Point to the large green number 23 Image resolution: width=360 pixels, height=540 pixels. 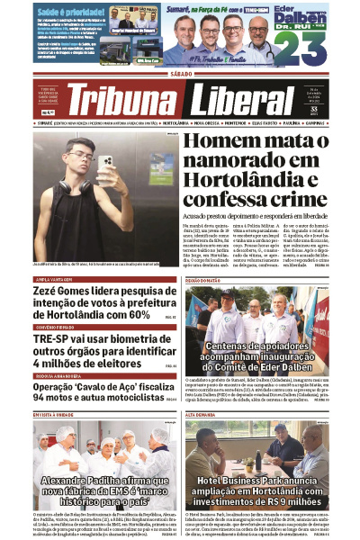click(x=303, y=49)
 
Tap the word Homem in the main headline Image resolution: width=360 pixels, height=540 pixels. click(x=220, y=142)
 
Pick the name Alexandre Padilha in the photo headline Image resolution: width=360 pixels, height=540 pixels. click(x=81, y=481)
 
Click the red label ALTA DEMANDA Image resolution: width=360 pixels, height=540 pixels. click(x=202, y=415)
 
